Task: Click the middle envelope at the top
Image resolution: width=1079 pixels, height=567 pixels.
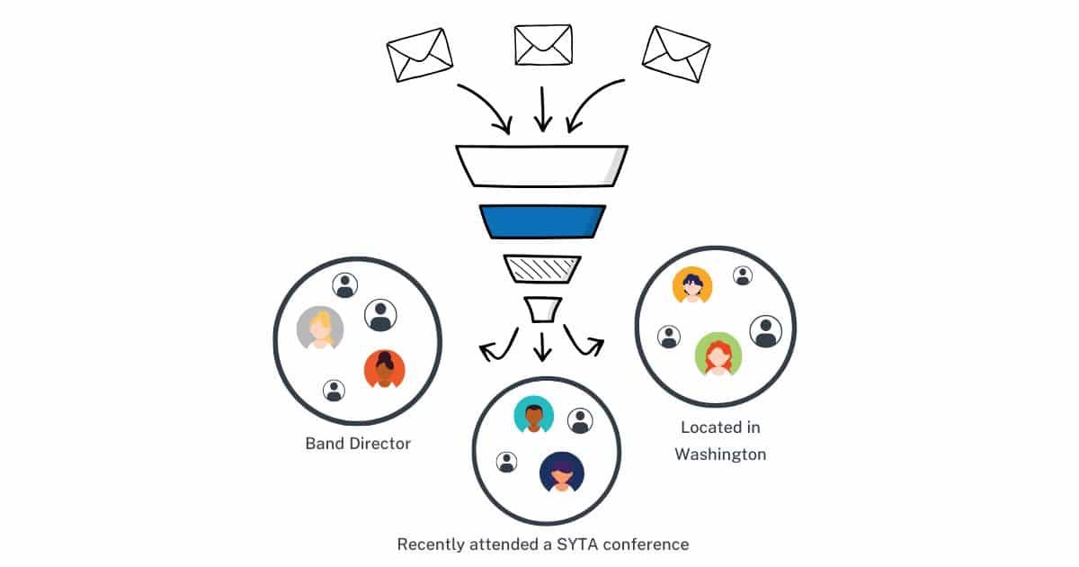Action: point(542,45)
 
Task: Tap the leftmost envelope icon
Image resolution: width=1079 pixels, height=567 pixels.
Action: point(419,54)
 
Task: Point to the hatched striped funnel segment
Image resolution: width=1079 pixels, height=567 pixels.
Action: point(542,267)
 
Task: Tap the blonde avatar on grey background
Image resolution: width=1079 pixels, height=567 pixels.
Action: point(320,328)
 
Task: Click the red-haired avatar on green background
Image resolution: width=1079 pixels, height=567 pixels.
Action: point(718,355)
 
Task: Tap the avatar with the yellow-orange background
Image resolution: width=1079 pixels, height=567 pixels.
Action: point(692,286)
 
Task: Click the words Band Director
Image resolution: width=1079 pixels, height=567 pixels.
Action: point(358,444)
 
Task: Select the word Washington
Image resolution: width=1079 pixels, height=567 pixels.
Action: point(720,454)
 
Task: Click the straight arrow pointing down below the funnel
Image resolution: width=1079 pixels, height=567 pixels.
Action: point(541,345)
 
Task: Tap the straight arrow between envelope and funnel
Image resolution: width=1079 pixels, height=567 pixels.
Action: point(541,110)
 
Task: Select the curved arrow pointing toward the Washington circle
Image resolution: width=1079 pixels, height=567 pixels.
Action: point(584,340)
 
